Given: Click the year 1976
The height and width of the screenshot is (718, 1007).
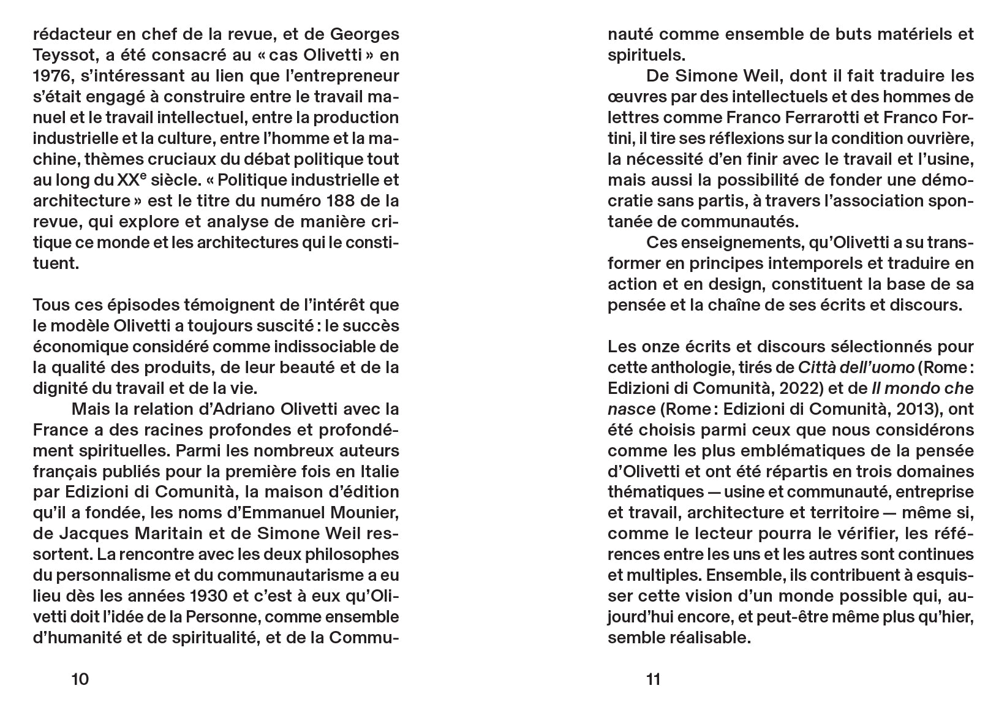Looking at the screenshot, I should coord(51,76).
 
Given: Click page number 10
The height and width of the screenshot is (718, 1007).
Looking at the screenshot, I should coord(80,679).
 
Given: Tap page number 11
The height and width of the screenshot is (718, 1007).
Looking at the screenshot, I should coord(654,679).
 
